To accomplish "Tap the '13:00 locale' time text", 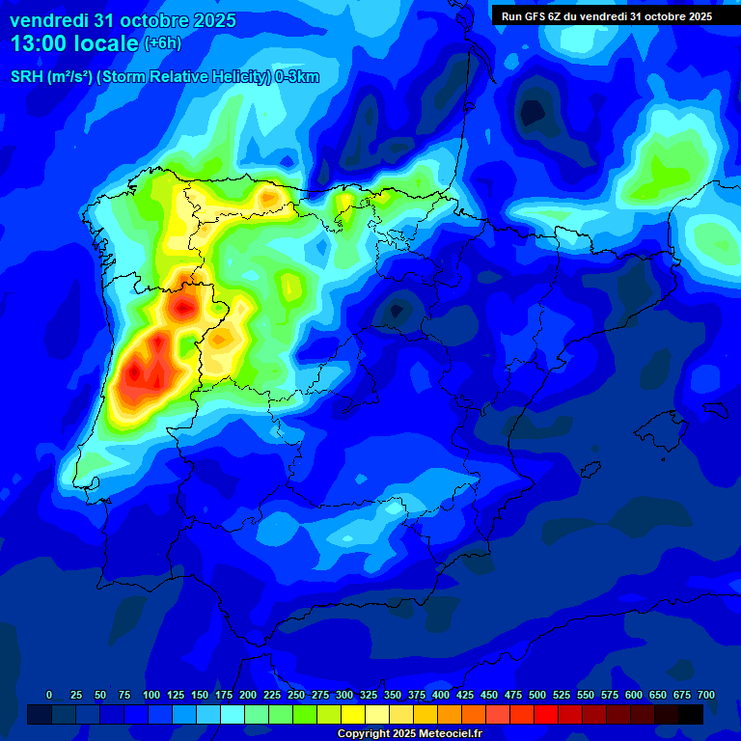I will click(x=74, y=43).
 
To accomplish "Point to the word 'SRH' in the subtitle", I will click(x=27, y=77).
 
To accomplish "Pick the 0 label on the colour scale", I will click(x=49, y=696).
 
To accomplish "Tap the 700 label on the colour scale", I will click(x=705, y=696).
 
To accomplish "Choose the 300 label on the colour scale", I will click(x=344, y=696).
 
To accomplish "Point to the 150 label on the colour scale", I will click(x=200, y=696).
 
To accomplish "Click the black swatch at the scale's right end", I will click(x=691, y=714).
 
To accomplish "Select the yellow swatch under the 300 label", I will click(x=353, y=714).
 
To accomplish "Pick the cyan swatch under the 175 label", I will click(x=233, y=714).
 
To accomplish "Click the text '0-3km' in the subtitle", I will click(x=298, y=77).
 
